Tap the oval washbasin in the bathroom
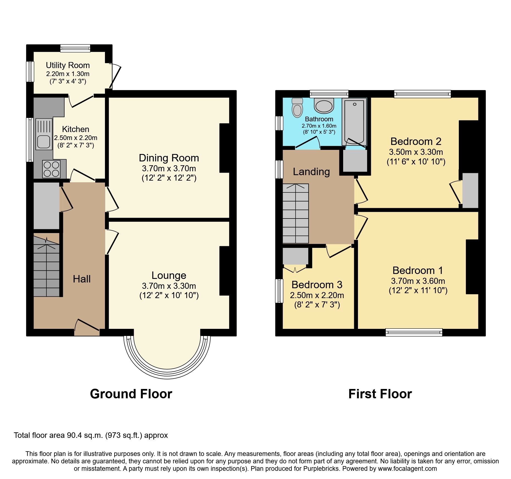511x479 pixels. (x=324, y=106)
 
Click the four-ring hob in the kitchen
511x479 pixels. (x=51, y=169)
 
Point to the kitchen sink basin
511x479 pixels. (x=43, y=142)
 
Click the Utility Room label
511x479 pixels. (x=68, y=65)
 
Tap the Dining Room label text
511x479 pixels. (x=169, y=158)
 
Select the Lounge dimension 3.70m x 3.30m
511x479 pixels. (x=169, y=286)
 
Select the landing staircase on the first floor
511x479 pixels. (x=296, y=214)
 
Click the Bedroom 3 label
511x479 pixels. (x=317, y=285)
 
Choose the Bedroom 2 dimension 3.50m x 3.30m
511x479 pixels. (x=416, y=152)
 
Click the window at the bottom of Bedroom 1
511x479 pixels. (x=414, y=332)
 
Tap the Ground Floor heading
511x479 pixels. (x=131, y=394)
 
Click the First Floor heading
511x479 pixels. (x=380, y=394)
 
